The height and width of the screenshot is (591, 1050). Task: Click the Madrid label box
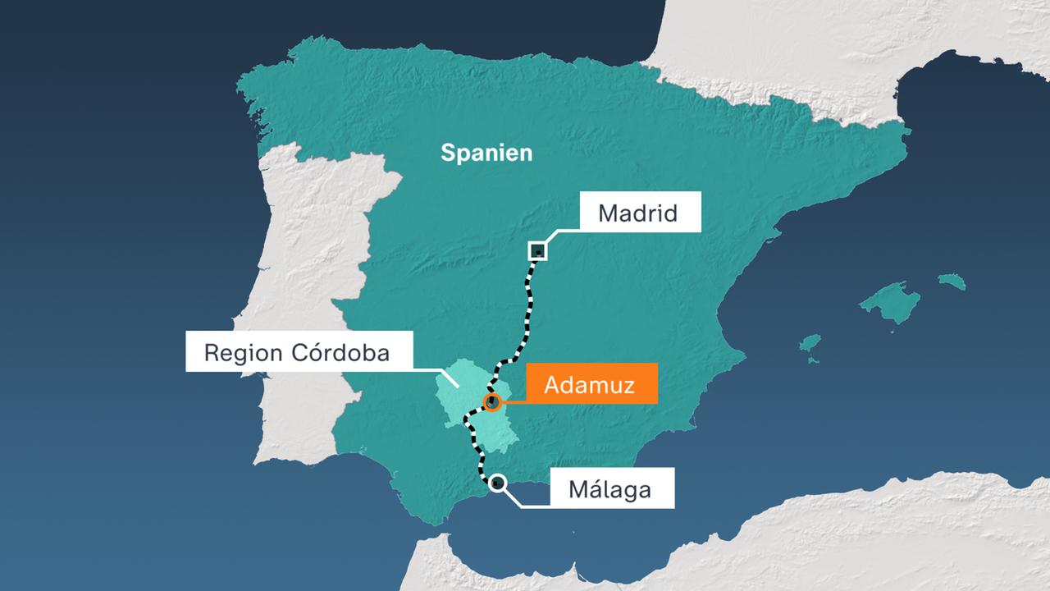639,214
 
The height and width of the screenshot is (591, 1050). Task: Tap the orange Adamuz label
590,384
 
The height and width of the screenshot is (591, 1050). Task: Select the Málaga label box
610,490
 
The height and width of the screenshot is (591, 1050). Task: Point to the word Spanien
486,153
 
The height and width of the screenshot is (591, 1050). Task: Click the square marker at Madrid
538,250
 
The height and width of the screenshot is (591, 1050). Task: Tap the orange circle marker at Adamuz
492,402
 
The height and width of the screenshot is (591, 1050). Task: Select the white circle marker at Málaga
497,483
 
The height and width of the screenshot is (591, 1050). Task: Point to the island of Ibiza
810,343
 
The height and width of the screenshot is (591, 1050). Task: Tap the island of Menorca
952,282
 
